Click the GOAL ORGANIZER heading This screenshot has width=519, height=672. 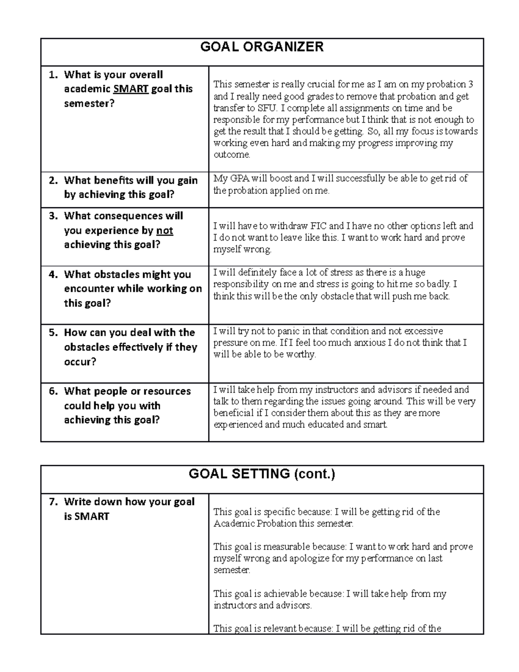point(262,47)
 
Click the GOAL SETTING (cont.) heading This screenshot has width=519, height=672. point(262,474)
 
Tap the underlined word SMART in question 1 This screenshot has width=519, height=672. point(131,89)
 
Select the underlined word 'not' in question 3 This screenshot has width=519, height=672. point(164,231)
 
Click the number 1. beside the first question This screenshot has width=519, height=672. point(53,75)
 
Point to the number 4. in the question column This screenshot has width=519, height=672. point(53,274)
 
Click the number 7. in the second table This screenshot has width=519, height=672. point(53,502)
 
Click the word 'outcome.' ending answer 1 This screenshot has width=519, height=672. point(232,155)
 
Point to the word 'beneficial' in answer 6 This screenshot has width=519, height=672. point(234,413)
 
